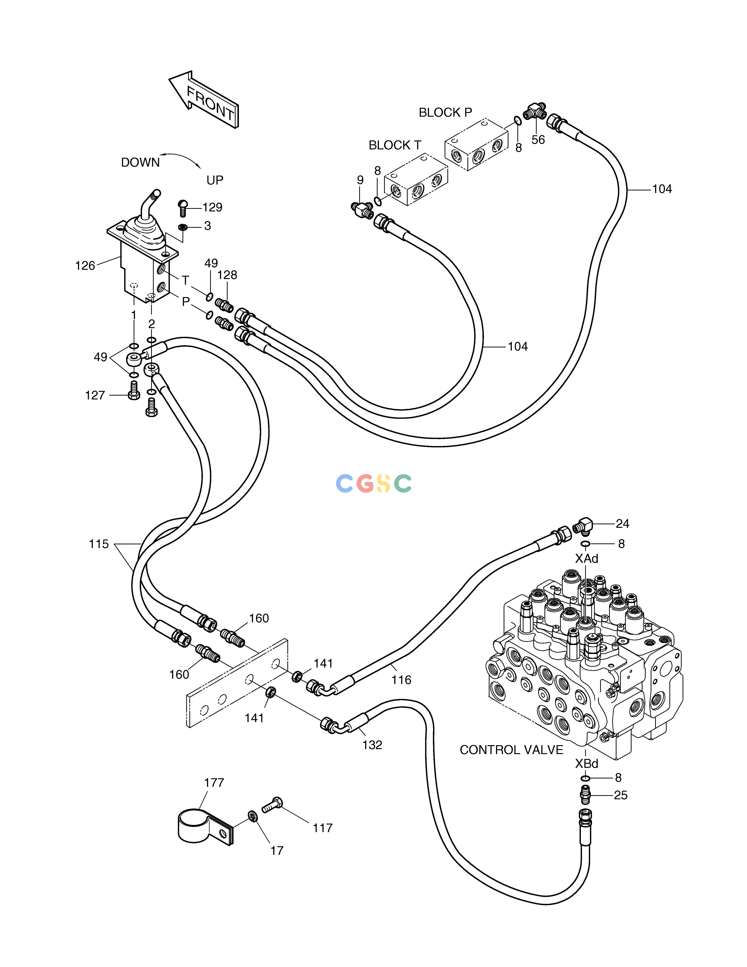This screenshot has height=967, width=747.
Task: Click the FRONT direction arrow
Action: click(x=204, y=100)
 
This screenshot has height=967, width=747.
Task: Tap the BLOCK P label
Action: click(x=445, y=113)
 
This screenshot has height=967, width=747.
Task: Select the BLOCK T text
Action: click(x=395, y=145)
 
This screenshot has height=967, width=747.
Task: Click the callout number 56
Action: click(x=538, y=140)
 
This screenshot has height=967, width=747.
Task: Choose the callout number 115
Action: click(x=99, y=544)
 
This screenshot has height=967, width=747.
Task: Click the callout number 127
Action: click(x=95, y=395)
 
